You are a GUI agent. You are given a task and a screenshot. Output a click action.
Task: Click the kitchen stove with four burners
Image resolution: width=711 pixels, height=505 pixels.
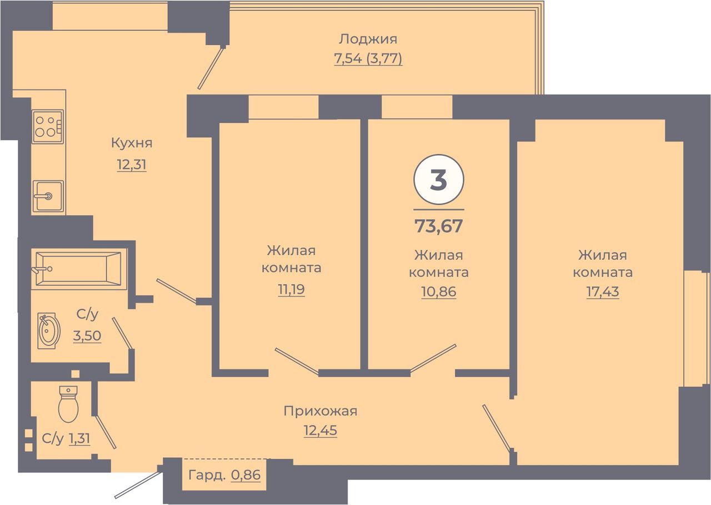48,126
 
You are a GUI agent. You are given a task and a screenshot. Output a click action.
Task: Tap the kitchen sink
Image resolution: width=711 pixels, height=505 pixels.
48,196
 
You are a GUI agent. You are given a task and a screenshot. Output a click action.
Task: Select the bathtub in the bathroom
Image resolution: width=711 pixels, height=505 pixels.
78,269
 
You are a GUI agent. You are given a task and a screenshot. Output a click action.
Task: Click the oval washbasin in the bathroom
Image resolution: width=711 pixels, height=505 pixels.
48,331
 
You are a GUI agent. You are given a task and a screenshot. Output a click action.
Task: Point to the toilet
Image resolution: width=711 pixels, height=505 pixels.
68,404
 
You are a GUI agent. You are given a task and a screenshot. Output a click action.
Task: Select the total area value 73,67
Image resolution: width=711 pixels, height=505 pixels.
439,226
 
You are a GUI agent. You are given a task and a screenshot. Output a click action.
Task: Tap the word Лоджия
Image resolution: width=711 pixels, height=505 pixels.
368,39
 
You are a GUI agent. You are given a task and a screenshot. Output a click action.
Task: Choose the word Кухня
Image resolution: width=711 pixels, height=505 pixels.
132,143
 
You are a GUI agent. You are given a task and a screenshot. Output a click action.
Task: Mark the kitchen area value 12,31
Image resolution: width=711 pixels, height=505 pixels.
132,165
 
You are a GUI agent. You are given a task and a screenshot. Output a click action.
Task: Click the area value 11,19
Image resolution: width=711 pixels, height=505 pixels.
292,289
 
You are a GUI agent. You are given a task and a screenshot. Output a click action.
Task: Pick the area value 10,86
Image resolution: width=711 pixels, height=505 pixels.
439,291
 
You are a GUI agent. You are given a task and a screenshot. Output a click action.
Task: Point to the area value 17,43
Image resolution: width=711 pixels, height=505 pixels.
603,291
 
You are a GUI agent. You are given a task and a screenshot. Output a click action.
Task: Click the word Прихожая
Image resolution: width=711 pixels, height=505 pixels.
321,411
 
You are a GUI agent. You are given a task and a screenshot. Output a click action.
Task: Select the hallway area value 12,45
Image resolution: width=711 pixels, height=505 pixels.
321,430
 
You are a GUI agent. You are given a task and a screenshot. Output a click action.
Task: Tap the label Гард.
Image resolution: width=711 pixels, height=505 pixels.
207,475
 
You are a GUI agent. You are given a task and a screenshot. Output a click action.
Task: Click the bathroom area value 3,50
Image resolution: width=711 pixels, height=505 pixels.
87,335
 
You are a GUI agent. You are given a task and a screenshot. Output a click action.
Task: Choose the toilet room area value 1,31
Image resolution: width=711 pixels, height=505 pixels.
79,439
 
